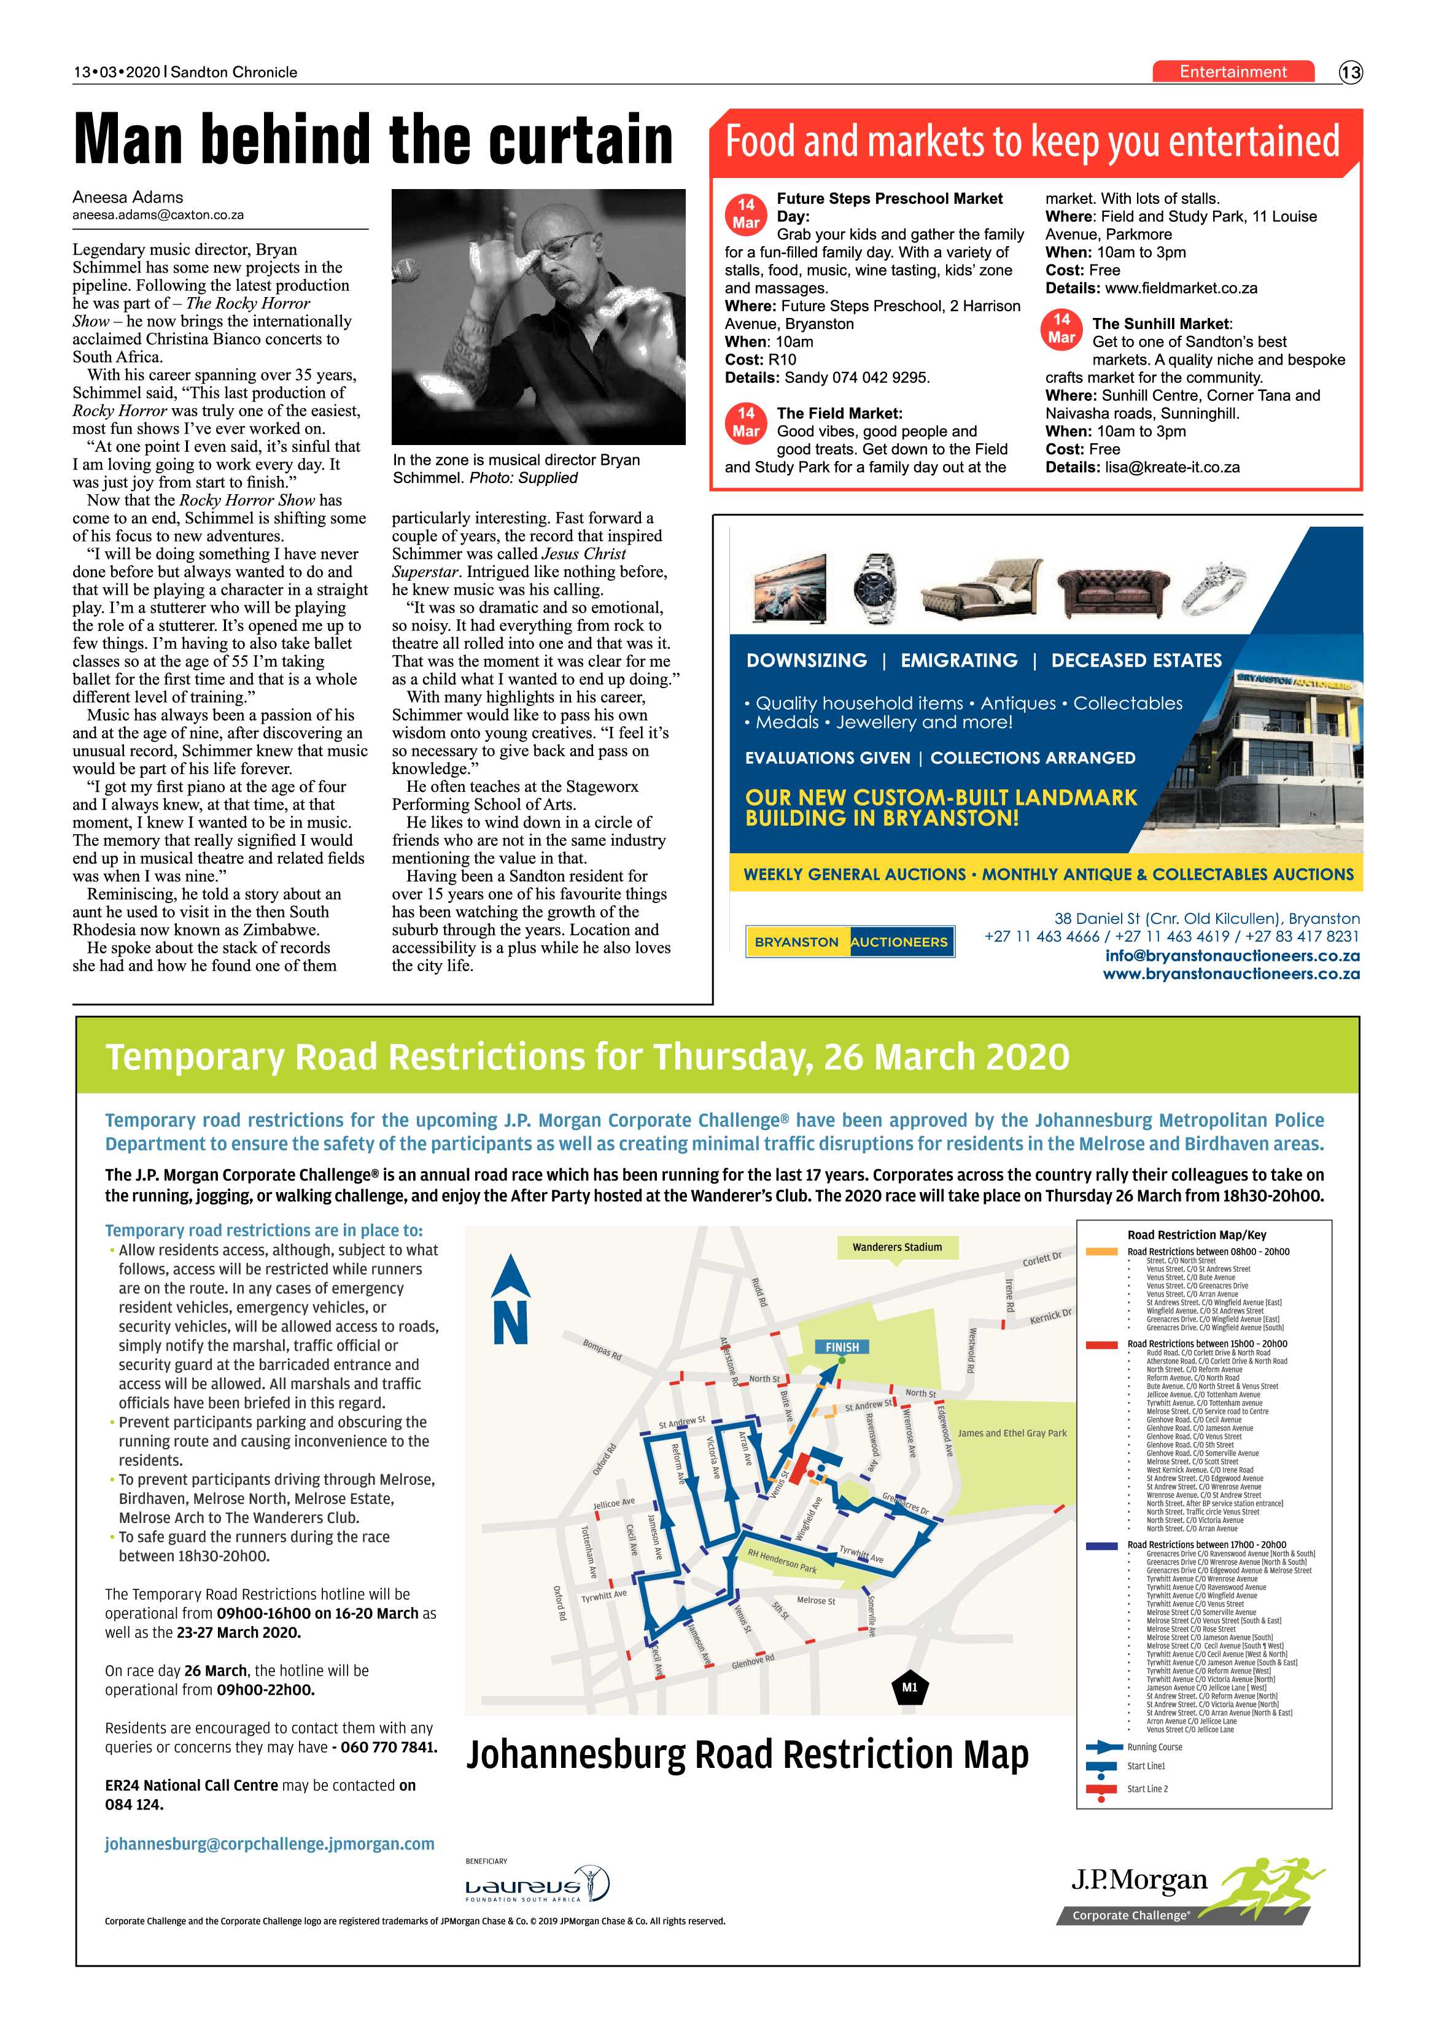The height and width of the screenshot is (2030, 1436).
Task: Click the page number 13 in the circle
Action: click(1350, 72)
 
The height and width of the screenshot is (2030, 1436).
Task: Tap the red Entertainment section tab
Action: click(1233, 72)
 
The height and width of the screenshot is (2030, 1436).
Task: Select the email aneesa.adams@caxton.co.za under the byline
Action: click(158, 215)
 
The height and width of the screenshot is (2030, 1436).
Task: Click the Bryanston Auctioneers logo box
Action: click(850, 942)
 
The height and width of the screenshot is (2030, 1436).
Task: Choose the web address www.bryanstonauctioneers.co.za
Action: click(1231, 974)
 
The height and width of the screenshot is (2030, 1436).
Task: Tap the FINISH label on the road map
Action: click(842, 1347)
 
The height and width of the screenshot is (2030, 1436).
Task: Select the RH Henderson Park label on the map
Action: click(783, 1562)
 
